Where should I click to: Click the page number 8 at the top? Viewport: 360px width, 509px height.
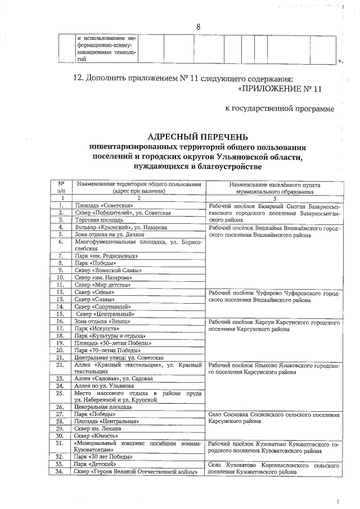199,27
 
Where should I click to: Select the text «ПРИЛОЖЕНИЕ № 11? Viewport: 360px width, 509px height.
279,88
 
